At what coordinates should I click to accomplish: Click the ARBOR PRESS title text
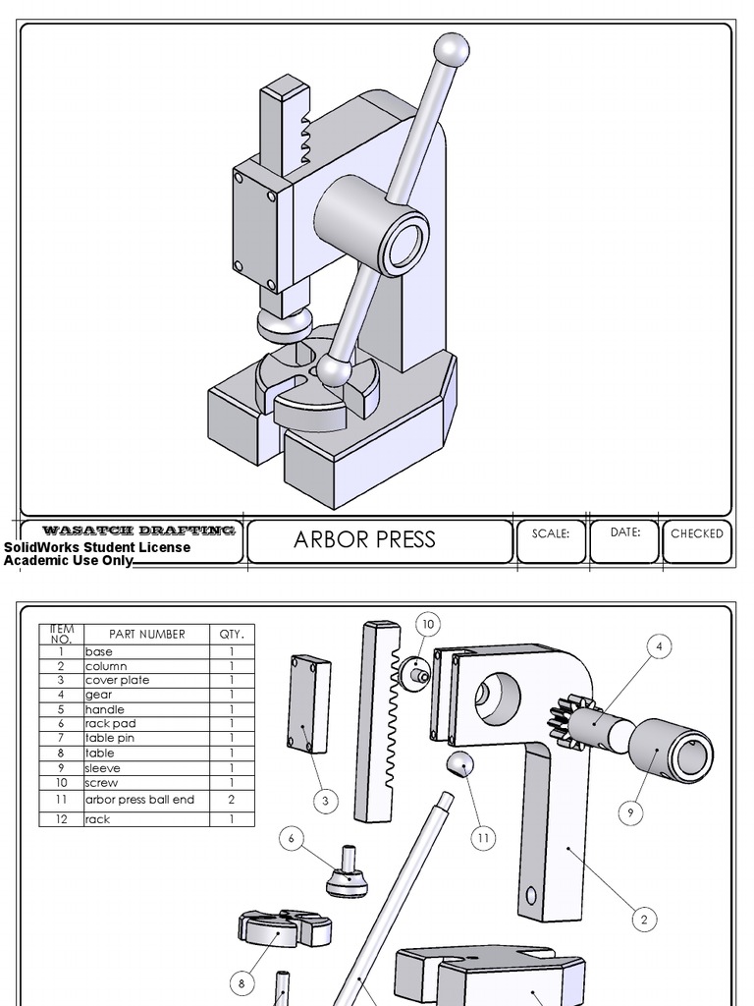364,539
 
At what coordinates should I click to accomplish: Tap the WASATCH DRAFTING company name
138,531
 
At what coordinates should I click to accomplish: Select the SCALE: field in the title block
550,533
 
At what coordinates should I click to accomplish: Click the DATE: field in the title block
625,532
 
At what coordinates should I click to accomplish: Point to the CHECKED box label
696,533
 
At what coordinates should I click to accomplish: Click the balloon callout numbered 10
427,624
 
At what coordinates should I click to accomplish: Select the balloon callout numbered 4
659,646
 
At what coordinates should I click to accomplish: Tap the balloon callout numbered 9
631,812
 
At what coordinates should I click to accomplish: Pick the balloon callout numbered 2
644,920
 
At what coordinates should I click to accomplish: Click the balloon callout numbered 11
482,838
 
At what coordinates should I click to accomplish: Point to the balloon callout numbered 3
325,801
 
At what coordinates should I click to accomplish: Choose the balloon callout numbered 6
292,838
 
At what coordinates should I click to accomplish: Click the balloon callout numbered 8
242,981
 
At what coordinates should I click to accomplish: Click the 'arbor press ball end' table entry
139,800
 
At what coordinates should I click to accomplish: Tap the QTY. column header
232,634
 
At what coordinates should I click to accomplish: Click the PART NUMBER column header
147,634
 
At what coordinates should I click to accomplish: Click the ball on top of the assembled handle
452,49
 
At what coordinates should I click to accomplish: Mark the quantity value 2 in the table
232,800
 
